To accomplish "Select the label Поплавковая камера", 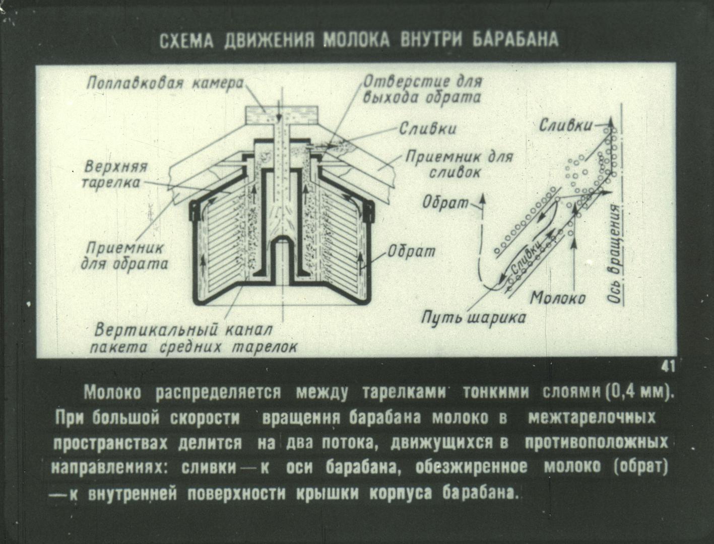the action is (165, 83).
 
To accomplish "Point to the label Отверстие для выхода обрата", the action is (421, 89).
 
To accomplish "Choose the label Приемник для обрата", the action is (124, 257).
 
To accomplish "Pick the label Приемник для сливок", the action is (459, 164).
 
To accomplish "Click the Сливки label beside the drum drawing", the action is (427, 129).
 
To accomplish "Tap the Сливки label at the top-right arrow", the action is (565, 126).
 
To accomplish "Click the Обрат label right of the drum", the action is (411, 251).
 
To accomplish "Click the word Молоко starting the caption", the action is (112, 392).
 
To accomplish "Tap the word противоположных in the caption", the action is (596, 442).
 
